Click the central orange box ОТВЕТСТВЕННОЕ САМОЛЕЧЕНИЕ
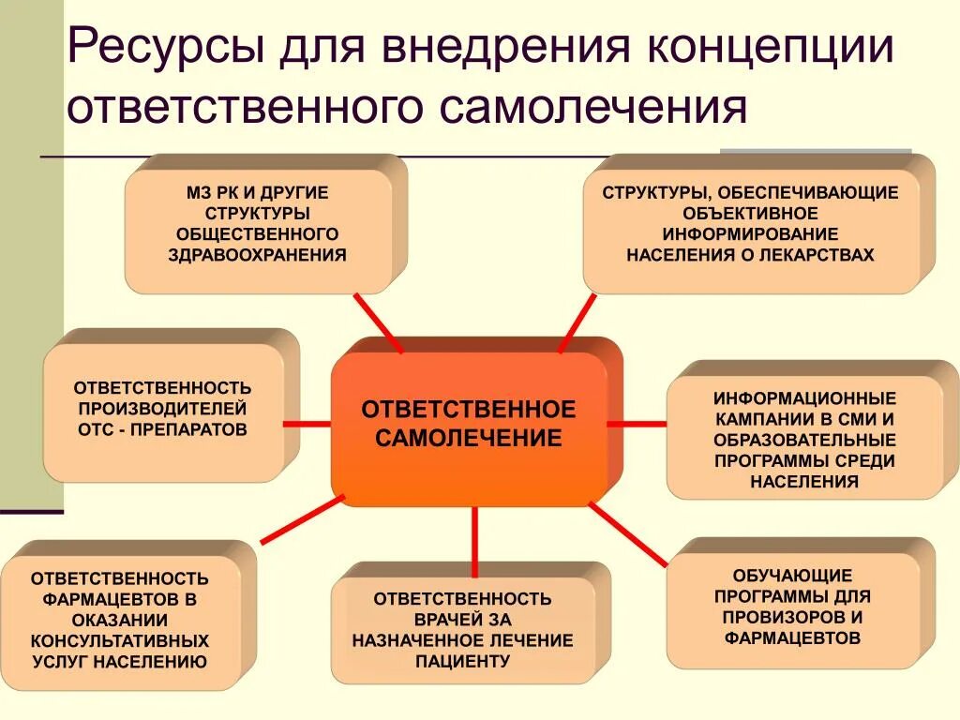(469, 424)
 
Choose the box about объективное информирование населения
(750, 225)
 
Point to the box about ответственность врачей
(463, 629)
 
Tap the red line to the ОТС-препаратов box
(307, 424)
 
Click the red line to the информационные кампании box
(637, 424)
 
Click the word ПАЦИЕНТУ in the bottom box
(462, 661)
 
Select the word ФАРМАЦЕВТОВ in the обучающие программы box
(792, 638)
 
